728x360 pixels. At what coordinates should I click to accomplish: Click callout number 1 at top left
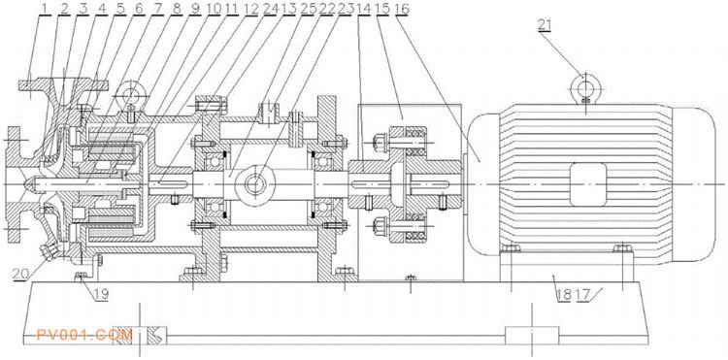click(x=45, y=8)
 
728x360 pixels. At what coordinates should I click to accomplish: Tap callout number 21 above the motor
click(x=545, y=25)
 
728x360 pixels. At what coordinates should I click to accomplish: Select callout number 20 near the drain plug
click(x=20, y=274)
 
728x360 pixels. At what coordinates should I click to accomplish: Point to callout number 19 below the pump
click(x=101, y=294)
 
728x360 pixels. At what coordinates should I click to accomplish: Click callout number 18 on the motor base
click(x=564, y=294)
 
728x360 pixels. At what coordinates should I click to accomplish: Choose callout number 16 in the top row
click(x=401, y=8)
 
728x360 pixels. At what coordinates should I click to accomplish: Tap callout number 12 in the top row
click(x=250, y=8)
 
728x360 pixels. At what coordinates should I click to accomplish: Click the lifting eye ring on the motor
click(x=586, y=85)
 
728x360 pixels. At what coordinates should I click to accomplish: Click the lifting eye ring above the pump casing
click(x=132, y=94)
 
